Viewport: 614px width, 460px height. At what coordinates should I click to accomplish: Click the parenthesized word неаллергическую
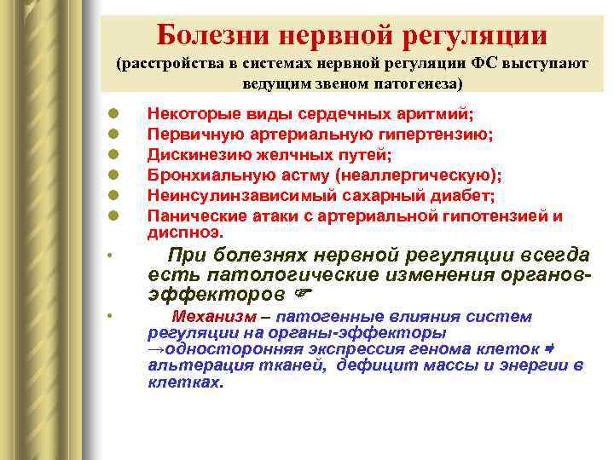pyautogui.click(x=419, y=175)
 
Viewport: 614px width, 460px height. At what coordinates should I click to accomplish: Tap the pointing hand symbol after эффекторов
pyautogui.click(x=300, y=295)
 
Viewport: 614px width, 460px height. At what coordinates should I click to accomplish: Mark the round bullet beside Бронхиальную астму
pyautogui.click(x=113, y=176)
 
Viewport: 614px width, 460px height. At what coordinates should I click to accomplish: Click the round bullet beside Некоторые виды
pyautogui.click(x=113, y=115)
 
